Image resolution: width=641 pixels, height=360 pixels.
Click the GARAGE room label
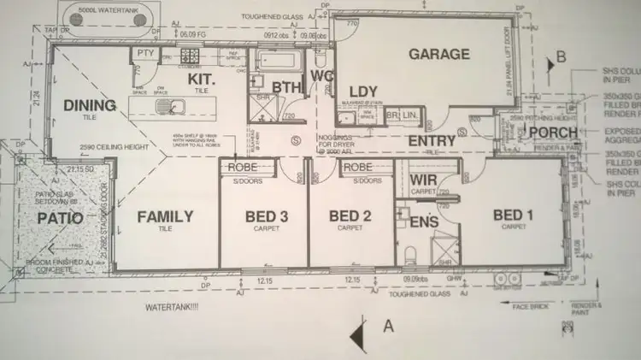coord(438,55)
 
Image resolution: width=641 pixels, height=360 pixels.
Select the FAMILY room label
coord(165,217)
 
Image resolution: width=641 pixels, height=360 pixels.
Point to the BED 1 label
coord(515,216)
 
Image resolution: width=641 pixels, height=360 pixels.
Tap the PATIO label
coord(61,217)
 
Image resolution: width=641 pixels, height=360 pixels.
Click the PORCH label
coord(553,132)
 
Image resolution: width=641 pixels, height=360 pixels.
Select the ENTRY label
coord(431,141)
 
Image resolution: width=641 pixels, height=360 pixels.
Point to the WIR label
coord(425,180)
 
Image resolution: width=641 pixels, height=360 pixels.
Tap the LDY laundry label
coord(364,92)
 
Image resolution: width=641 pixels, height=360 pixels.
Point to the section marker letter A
coord(388,324)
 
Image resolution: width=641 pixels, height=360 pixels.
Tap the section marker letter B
coord(562,57)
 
